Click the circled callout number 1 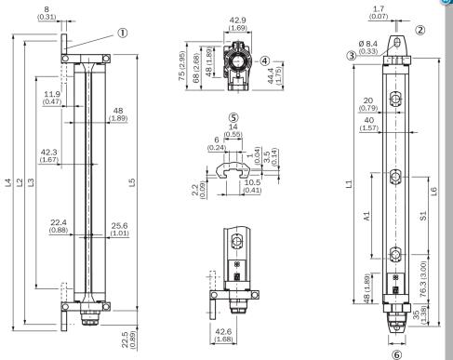click(x=123, y=33)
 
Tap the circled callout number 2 click(x=420, y=30)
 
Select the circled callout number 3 click(x=352, y=56)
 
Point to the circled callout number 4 click(x=264, y=61)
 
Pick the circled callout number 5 click(x=233, y=118)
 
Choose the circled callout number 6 click(x=396, y=354)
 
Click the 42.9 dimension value click(x=238, y=20)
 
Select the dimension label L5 click(x=132, y=182)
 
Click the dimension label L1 click(x=349, y=184)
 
